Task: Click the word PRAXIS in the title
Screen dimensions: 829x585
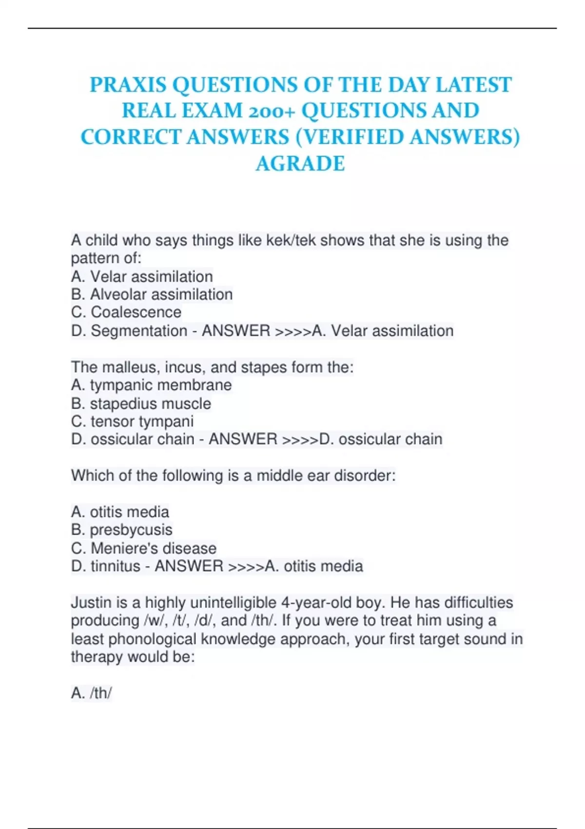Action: [129, 85]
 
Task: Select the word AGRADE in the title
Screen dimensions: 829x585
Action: [300, 164]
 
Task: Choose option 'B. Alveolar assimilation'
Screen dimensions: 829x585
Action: [152, 295]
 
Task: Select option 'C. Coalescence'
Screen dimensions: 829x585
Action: [126, 312]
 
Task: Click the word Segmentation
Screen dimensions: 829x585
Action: [139, 331]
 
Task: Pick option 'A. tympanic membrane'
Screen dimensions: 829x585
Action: [151, 385]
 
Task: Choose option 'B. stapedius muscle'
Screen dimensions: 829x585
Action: [141, 404]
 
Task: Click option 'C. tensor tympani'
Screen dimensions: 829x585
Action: [132, 421]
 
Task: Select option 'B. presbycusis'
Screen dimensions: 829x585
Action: [121, 530]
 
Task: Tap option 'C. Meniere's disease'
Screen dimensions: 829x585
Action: [143, 548]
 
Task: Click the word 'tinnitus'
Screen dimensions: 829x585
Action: [116, 566]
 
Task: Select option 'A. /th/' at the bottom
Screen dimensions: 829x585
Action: [92, 693]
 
